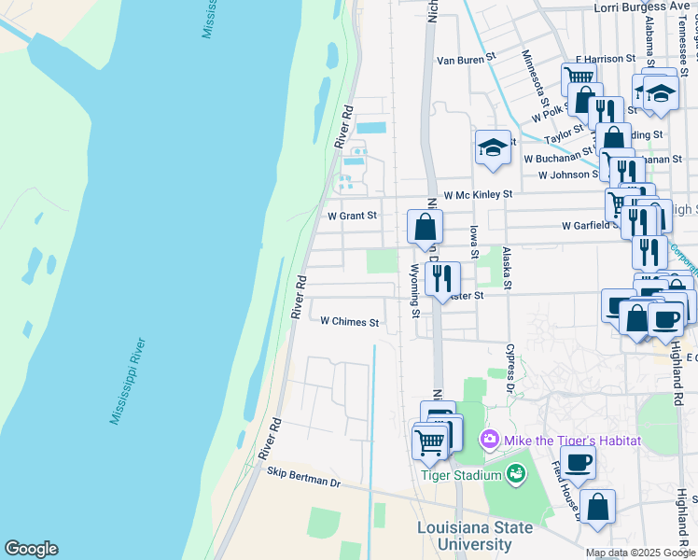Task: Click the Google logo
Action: [x=31, y=549]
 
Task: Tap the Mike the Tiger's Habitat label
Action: [x=573, y=440]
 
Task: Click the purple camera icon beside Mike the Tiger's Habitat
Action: [x=490, y=439]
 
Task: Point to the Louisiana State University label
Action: [x=475, y=534]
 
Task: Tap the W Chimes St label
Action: [x=349, y=322]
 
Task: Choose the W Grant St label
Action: [x=351, y=216]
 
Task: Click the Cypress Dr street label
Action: [x=510, y=368]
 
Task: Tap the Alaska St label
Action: [x=508, y=268]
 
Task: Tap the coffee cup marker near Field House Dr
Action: [x=579, y=461]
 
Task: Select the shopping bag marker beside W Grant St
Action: [x=425, y=227]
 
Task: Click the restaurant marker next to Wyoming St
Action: [x=442, y=277]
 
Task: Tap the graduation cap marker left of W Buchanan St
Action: [x=493, y=147]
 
